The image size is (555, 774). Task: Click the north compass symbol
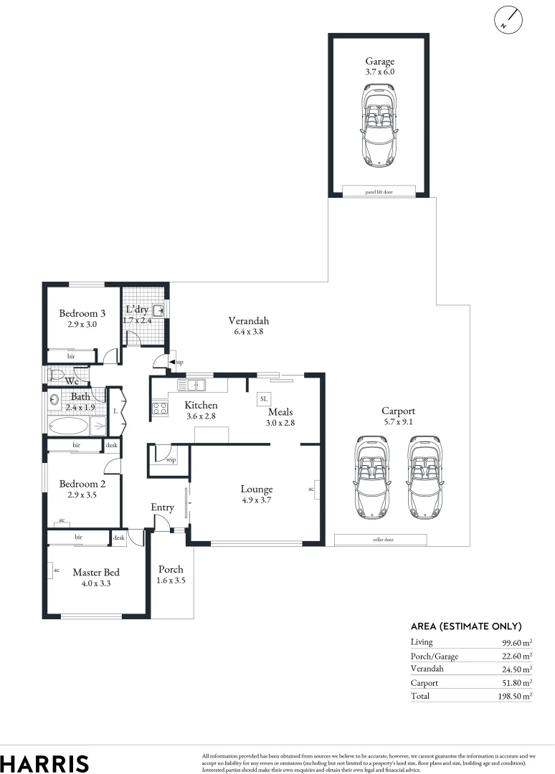click(x=508, y=20)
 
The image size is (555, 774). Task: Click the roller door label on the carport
click(x=380, y=540)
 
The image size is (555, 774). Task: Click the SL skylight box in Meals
click(x=263, y=398)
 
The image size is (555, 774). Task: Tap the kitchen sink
click(x=191, y=385)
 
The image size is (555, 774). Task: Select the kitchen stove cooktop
click(x=159, y=410)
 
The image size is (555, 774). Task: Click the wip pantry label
click(x=171, y=459)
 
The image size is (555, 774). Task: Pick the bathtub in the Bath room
click(x=69, y=426)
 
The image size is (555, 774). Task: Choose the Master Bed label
click(x=95, y=572)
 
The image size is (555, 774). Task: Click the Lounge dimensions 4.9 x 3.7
click(x=256, y=501)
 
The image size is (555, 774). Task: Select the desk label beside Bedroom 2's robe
click(x=111, y=445)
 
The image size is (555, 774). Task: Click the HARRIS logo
click(x=44, y=763)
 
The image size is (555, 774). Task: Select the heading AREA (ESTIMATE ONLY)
click(x=465, y=626)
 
